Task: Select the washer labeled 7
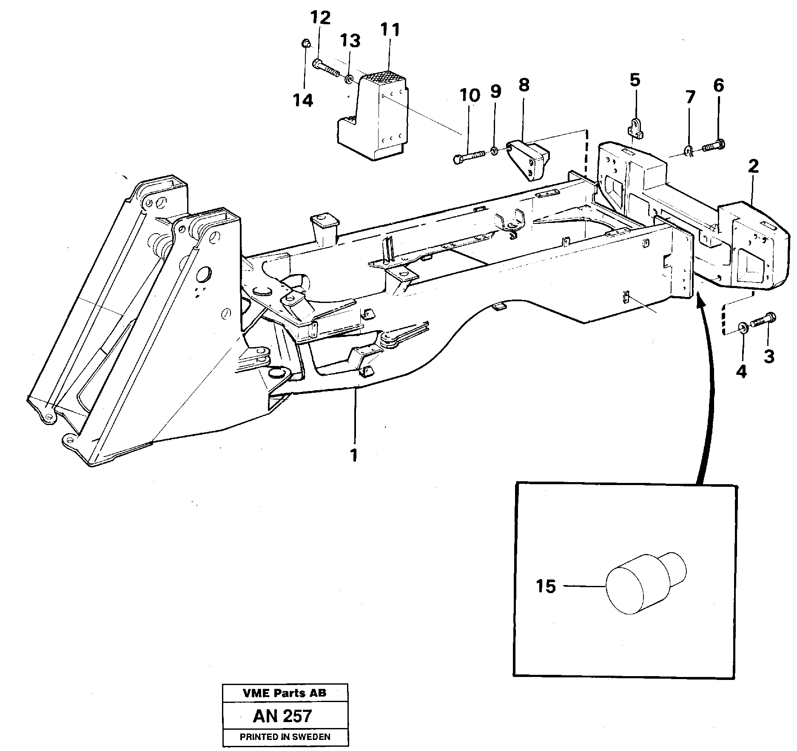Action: [x=689, y=150]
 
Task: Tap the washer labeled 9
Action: [x=494, y=151]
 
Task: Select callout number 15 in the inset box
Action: [x=546, y=587]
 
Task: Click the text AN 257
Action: [x=282, y=716]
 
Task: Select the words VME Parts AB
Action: [x=285, y=693]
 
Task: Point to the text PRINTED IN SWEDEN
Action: [x=285, y=737]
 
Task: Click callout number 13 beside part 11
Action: [x=350, y=41]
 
